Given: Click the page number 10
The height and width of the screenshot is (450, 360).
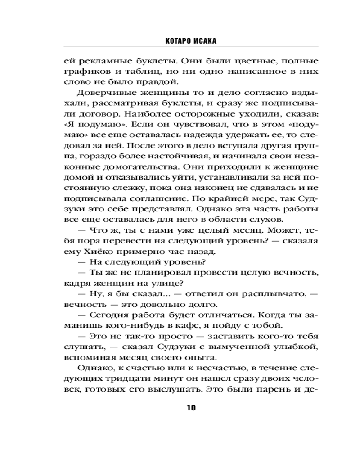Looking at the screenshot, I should pos(190,408).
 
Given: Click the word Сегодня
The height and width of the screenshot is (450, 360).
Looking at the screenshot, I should pos(108,314).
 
